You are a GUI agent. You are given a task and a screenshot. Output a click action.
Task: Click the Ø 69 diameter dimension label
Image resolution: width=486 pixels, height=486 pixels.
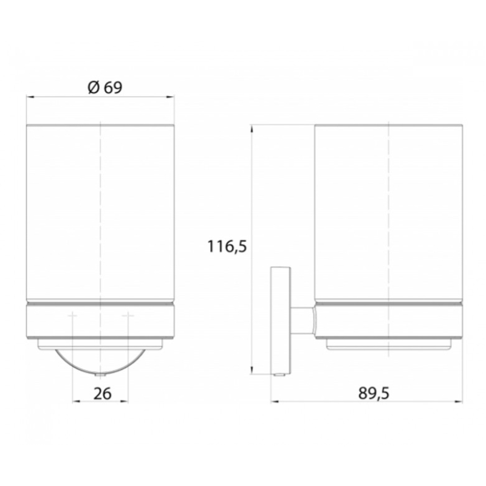105,87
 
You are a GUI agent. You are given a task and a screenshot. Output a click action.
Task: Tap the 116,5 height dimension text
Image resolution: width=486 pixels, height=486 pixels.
227,247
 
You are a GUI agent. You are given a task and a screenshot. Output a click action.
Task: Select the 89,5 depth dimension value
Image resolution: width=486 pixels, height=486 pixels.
374,393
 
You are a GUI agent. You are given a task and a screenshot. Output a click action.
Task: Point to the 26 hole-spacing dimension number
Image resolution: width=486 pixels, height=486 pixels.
102,394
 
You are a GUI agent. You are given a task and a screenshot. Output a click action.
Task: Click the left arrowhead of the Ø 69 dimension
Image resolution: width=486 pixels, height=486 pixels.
30,97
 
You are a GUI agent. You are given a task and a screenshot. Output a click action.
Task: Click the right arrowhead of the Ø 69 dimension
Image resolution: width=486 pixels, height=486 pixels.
171,97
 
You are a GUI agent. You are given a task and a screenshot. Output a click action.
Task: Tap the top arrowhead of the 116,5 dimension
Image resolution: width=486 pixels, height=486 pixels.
252,129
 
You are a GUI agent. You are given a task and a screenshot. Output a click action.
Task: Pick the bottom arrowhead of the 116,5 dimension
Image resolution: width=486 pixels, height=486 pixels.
252,370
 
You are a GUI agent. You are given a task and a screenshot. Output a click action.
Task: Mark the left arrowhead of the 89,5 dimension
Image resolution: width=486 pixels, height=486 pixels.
275,402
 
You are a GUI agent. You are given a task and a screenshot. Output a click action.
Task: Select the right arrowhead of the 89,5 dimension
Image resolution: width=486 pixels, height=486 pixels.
459,402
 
